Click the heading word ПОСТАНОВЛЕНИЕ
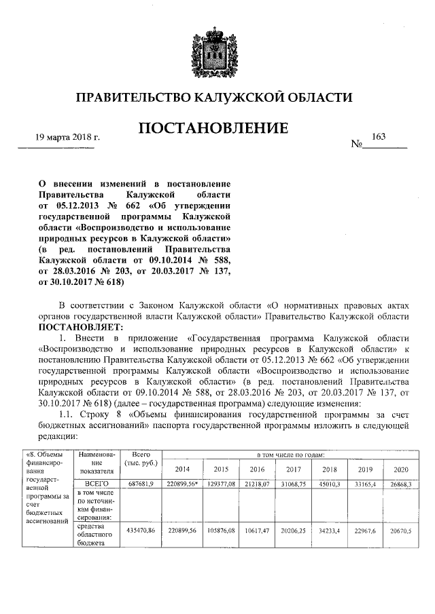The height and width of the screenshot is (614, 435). [x=214, y=128]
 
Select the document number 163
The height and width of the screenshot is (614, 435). [x=379, y=137]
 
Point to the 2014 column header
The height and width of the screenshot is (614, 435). [x=183, y=450]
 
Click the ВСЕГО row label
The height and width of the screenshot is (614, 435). [x=95, y=463]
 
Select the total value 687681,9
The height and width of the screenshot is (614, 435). [x=141, y=463]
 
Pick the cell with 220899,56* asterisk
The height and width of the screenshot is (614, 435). [x=183, y=463]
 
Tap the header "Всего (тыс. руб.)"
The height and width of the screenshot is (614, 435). [x=141, y=439]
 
